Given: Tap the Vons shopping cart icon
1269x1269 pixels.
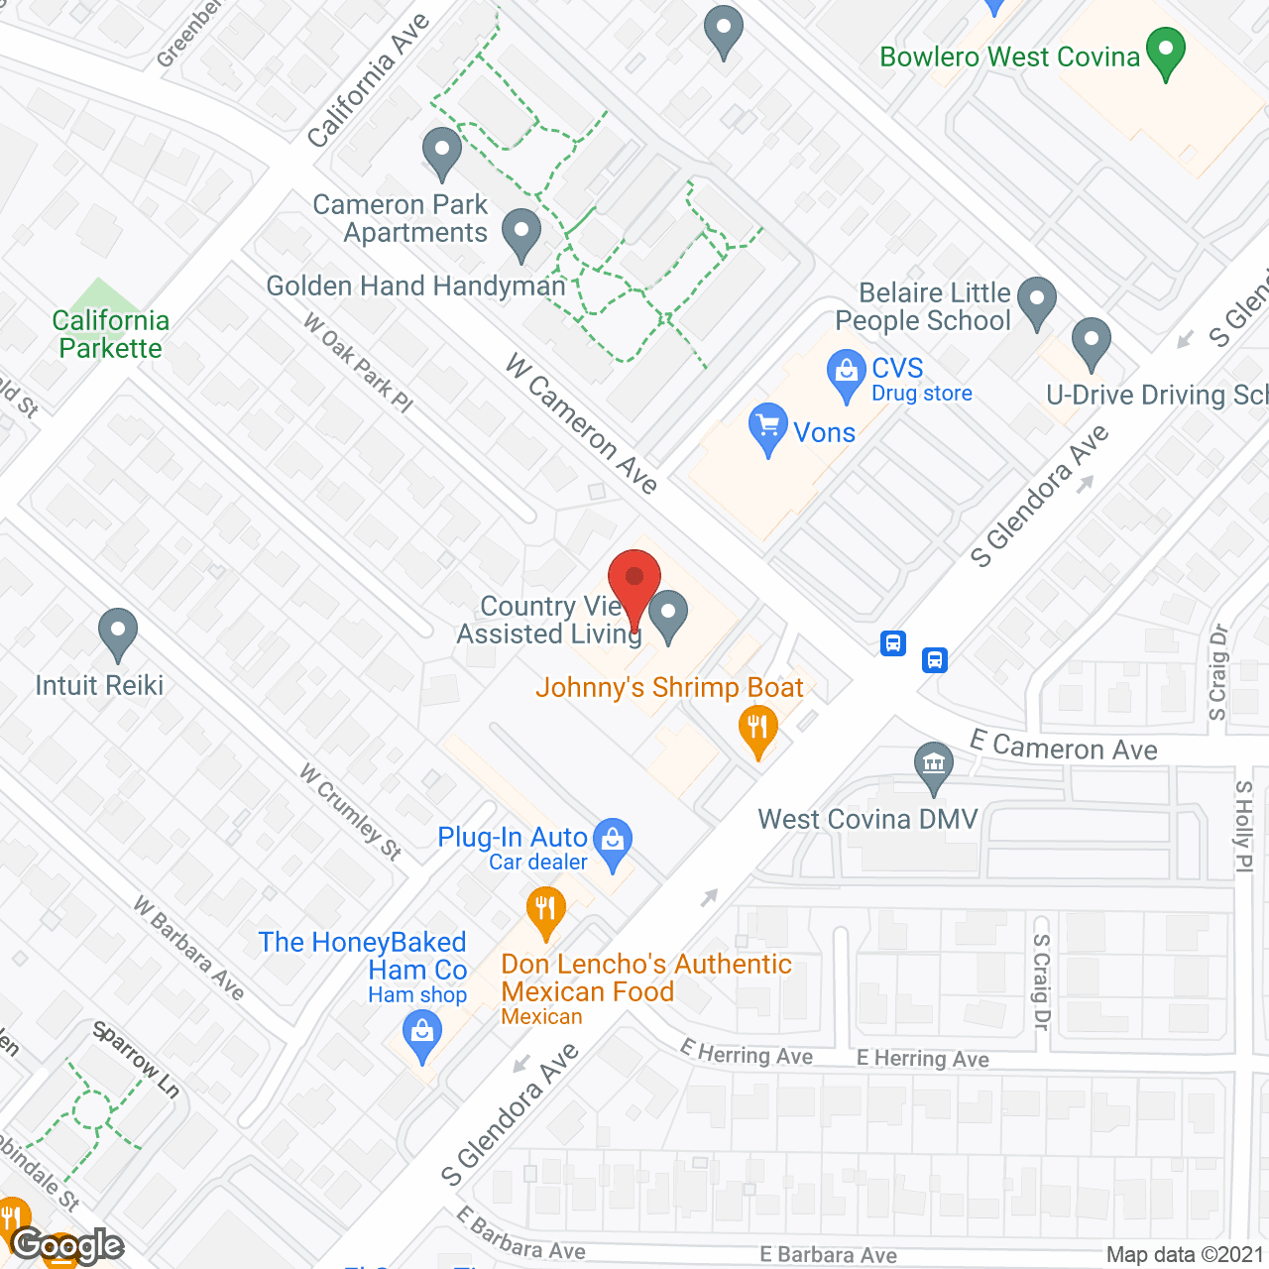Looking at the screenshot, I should pos(767,427).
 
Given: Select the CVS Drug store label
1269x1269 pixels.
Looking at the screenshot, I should pos(897,379).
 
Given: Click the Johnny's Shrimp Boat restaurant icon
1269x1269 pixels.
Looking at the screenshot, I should pos(758,729).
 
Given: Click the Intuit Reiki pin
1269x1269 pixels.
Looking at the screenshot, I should pos(118,632).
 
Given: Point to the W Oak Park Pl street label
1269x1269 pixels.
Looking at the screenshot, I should pos(358,363).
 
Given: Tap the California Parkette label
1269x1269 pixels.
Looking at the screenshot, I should pos(110,334).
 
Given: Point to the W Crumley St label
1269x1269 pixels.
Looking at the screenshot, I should pos(351,812).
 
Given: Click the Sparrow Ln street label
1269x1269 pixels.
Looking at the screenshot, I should pos(137,1060).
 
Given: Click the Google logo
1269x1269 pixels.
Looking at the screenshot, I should pos(67,1245).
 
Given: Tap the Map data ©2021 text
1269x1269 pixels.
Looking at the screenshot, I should pos(1185,1255).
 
